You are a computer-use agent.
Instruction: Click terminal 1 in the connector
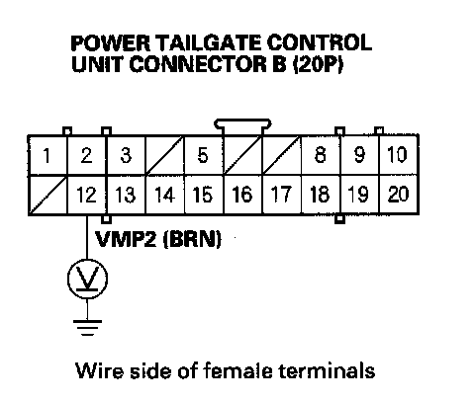pyautogui.click(x=47, y=155)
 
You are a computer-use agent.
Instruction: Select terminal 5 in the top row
pyautogui.click(x=204, y=155)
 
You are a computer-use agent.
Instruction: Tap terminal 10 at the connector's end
pyautogui.click(x=399, y=155)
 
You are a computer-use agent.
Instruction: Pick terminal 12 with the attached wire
pyautogui.click(x=86, y=195)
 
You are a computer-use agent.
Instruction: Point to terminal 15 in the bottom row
pyautogui.click(x=204, y=195)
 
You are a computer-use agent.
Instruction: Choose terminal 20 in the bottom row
pyautogui.click(x=399, y=195)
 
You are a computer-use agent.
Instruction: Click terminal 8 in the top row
pyautogui.click(x=321, y=155)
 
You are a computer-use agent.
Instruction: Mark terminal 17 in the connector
pyautogui.click(x=282, y=195)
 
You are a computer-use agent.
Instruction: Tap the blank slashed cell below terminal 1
pyautogui.click(x=47, y=195)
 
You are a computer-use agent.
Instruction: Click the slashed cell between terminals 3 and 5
pyautogui.click(x=164, y=155)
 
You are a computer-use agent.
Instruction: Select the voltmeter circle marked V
pyautogui.click(x=87, y=279)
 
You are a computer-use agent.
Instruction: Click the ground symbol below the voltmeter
pyautogui.click(x=87, y=328)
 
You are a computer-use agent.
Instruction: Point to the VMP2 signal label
pyautogui.click(x=126, y=239)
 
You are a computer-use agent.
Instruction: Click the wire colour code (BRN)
pyautogui.click(x=192, y=239)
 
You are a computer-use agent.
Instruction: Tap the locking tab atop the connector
pyautogui.click(x=242, y=126)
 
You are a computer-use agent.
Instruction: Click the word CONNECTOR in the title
pyautogui.click(x=198, y=64)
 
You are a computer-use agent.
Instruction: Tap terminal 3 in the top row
pyautogui.click(x=126, y=155)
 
